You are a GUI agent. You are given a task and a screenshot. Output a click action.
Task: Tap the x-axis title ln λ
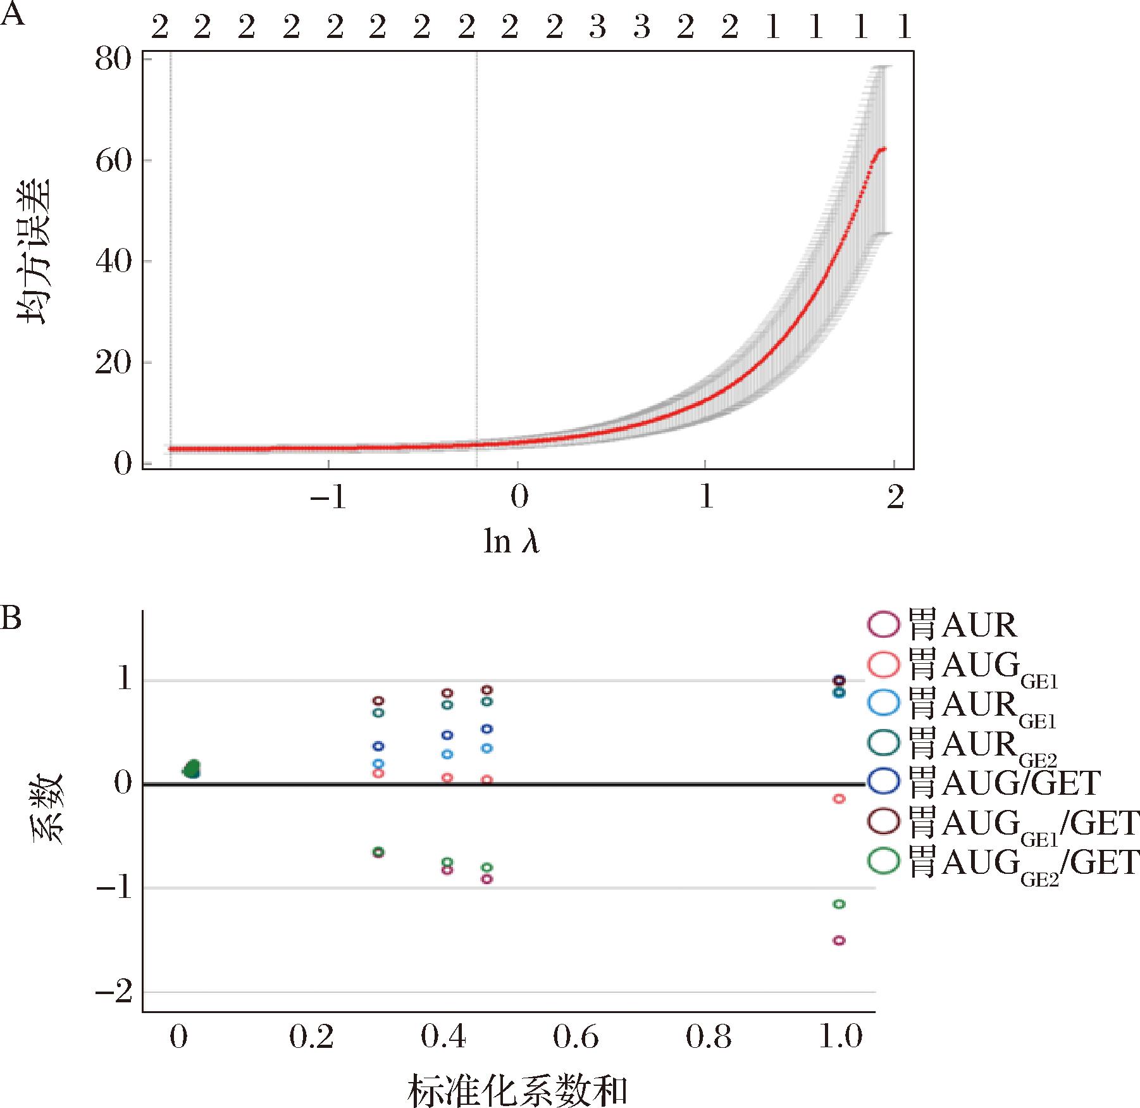(x=511, y=542)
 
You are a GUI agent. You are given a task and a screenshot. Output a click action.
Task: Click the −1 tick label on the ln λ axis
(x=328, y=498)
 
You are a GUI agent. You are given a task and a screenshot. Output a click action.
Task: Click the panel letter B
(x=11, y=618)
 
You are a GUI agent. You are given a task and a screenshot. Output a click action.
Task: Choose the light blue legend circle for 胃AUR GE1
(x=882, y=703)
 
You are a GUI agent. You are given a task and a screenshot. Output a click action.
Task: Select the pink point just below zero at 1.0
(x=839, y=799)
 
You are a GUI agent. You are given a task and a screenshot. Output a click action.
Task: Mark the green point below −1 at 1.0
(x=839, y=904)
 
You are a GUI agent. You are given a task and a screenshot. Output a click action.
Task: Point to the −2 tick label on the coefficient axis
(x=114, y=991)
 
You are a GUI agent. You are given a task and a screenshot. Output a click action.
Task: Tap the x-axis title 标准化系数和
(x=517, y=1088)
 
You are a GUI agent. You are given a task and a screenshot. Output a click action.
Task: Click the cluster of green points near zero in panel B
(x=192, y=769)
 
